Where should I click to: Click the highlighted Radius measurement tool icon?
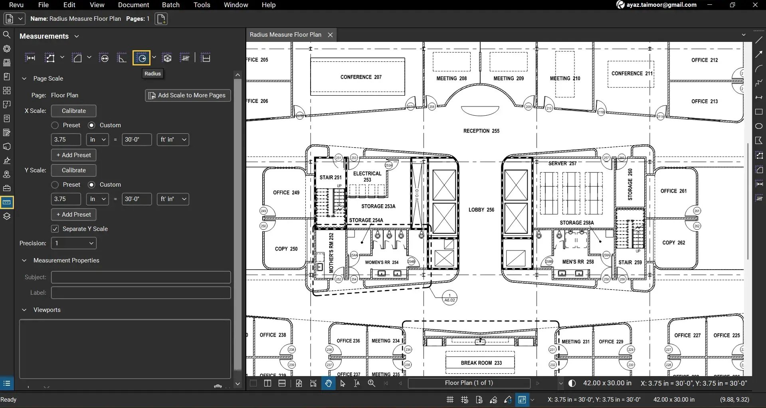point(141,58)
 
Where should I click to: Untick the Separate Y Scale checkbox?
point(55,229)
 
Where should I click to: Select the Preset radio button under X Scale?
point(55,125)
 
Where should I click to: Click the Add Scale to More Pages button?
point(188,95)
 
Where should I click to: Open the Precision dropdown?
point(74,243)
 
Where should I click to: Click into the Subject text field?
point(141,277)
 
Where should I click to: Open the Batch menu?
point(170,5)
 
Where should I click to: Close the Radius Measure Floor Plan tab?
point(330,35)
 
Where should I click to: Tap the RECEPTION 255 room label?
point(481,131)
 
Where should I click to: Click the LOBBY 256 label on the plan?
point(481,210)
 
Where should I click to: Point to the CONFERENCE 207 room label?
point(361,77)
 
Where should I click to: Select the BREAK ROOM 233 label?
point(481,363)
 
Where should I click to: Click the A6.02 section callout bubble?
point(449,298)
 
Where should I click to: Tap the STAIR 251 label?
point(330,177)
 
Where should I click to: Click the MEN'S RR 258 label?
point(578,262)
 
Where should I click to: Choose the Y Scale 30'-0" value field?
point(137,199)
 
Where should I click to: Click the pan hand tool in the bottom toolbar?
point(328,383)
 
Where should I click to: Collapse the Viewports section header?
point(24,310)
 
